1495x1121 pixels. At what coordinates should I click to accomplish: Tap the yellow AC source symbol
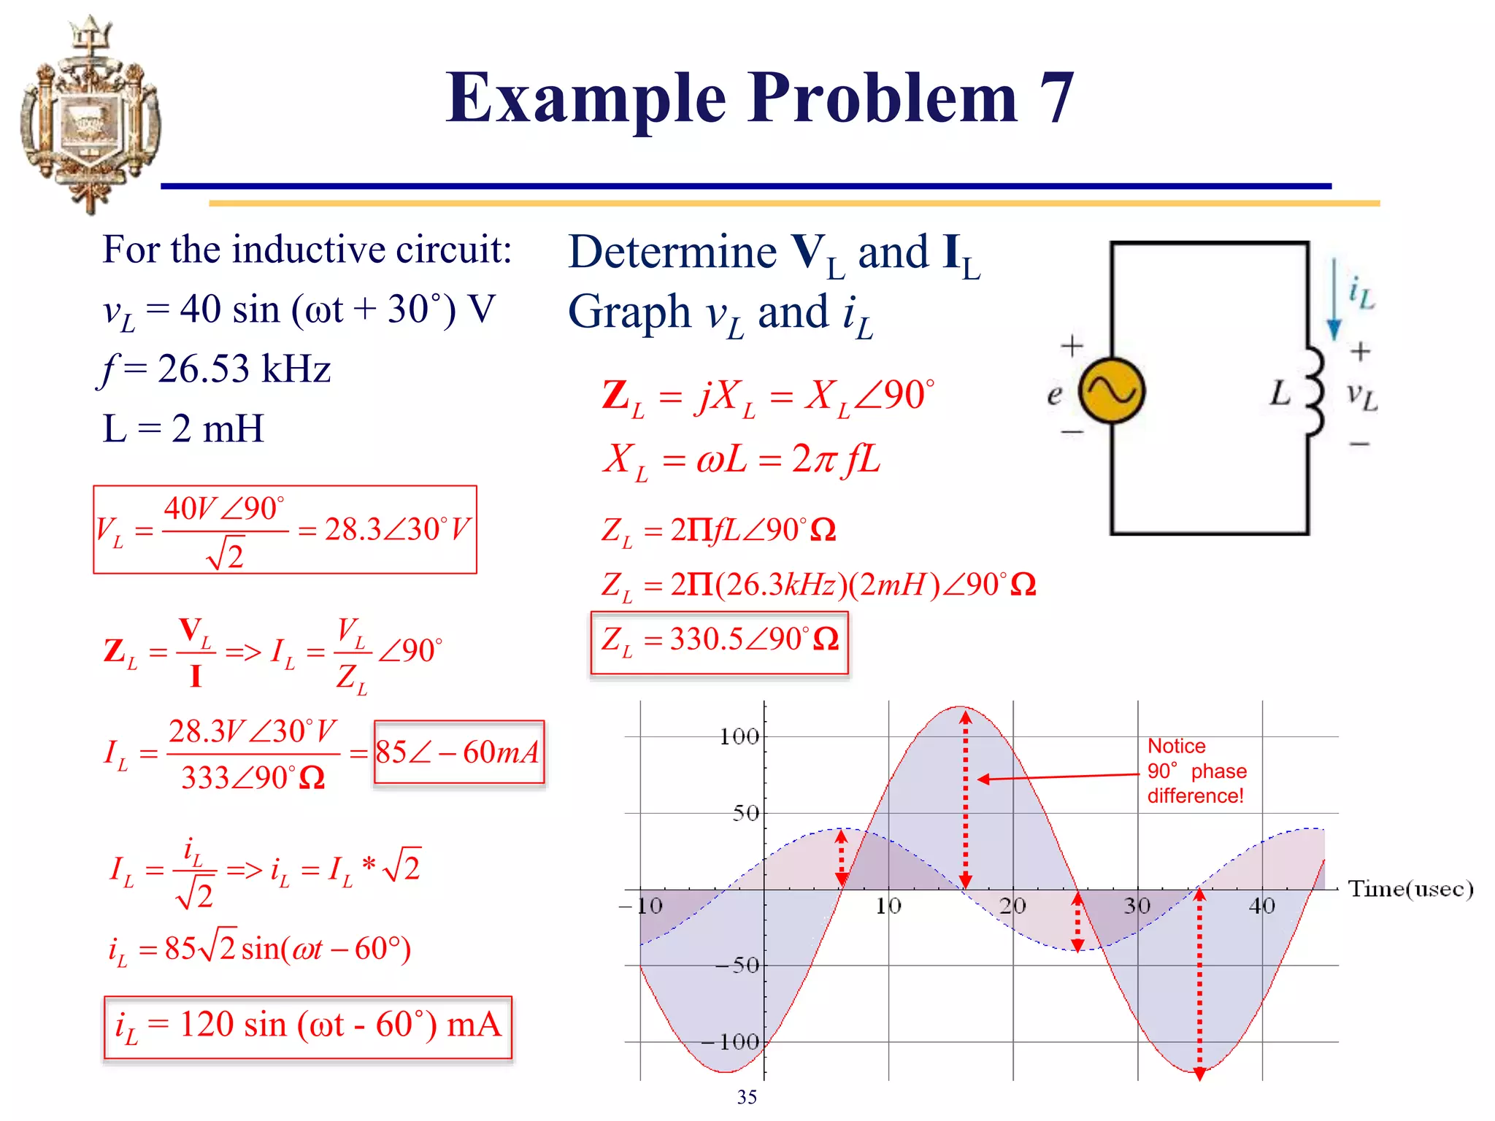coord(1111,391)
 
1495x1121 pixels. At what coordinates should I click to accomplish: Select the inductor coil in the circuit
coord(1314,391)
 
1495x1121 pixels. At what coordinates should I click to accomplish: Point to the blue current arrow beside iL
coord(1334,299)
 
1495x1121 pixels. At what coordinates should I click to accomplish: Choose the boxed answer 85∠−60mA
coord(458,752)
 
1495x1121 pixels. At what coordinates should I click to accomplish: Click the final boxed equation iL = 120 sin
coord(307,1026)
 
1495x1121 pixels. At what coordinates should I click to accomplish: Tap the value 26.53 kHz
coord(244,369)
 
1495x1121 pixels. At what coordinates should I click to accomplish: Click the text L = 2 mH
coord(182,428)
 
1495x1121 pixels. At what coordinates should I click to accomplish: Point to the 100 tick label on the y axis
coord(739,737)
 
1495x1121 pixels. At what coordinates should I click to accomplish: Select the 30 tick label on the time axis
coord(1137,906)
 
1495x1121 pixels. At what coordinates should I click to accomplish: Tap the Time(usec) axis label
coord(1410,889)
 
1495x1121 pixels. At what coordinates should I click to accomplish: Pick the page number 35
coord(747,1098)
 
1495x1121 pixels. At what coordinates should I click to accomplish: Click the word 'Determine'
coord(672,253)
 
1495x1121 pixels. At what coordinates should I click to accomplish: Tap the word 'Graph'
coord(629,312)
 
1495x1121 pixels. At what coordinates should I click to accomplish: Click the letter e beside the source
coord(1054,395)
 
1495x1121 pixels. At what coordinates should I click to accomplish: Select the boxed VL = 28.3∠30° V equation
coord(285,530)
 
